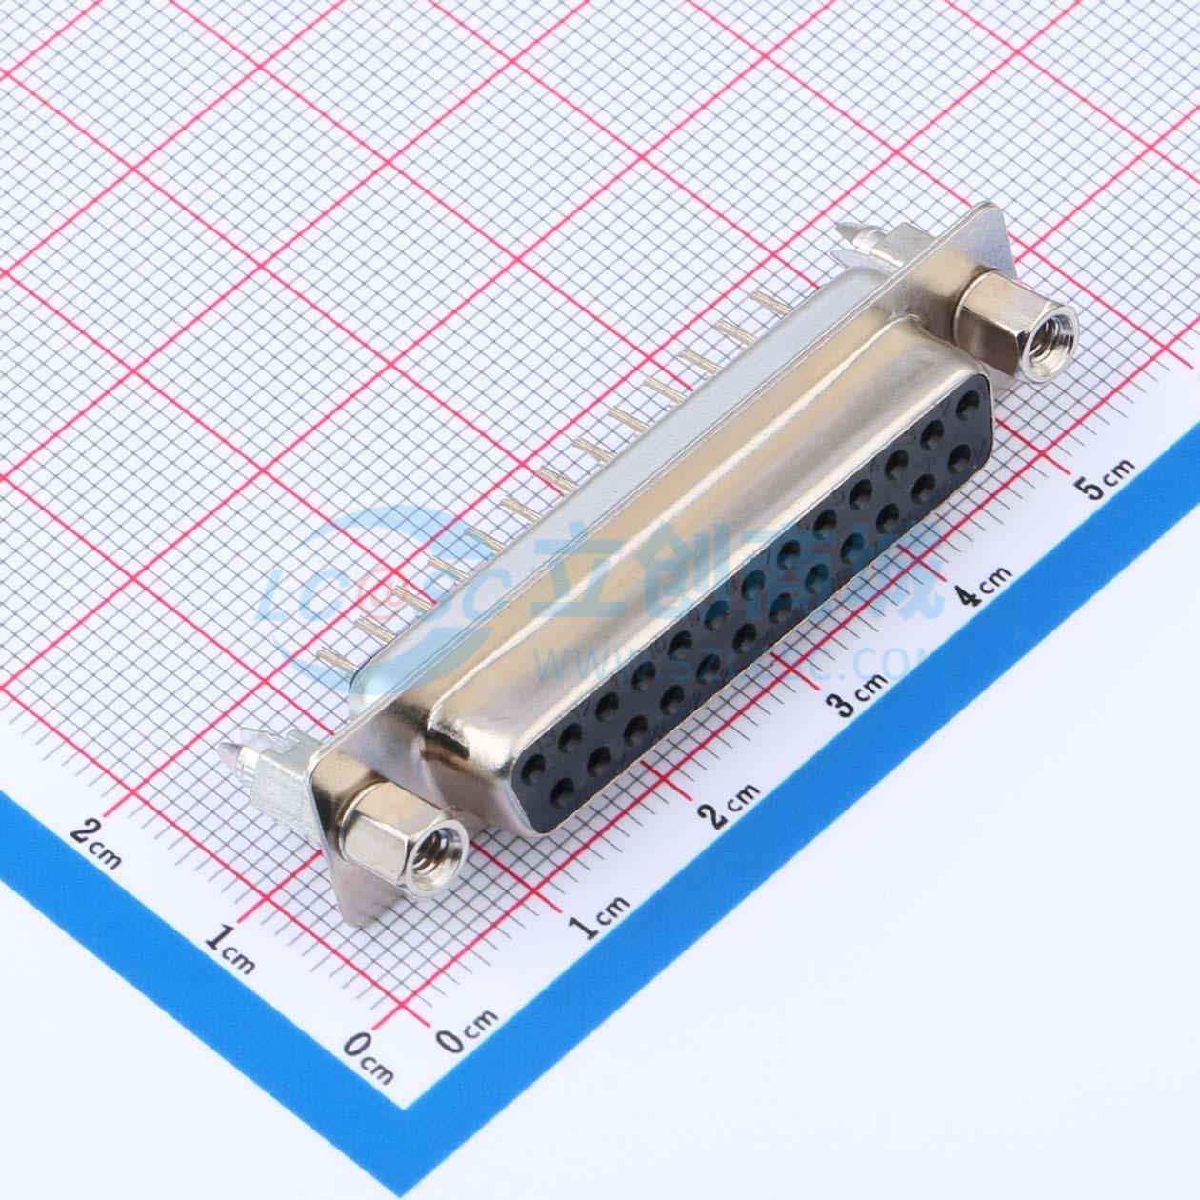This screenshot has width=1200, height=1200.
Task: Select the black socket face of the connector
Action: coord(752,610)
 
